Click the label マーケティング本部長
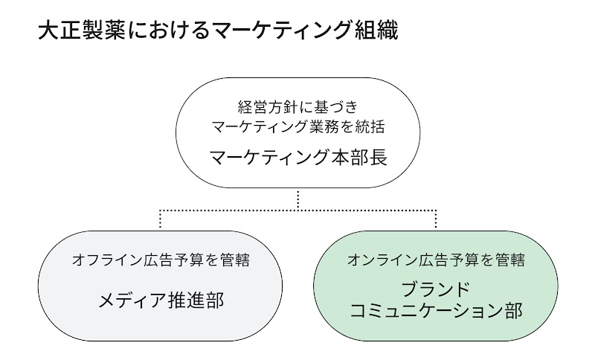tap(297, 158)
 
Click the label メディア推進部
tap(161, 300)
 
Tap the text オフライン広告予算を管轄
tap(161, 260)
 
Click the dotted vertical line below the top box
tap(297, 199)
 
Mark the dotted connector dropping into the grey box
tap(161, 220)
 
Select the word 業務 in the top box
tap(319, 126)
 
